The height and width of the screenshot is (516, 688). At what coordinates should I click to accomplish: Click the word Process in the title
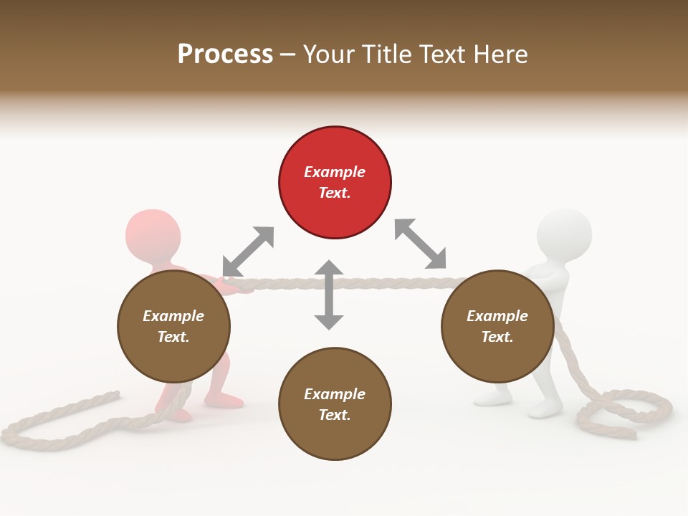[x=225, y=54]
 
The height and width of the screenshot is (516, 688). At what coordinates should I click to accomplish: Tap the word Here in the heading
[x=500, y=54]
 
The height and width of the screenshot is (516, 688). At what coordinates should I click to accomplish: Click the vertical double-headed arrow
[x=329, y=295]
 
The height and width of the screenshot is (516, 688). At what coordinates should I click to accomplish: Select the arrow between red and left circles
[x=248, y=251]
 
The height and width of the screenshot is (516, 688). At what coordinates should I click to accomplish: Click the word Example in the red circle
[x=335, y=172]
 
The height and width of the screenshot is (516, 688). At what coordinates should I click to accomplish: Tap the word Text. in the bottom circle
[x=335, y=415]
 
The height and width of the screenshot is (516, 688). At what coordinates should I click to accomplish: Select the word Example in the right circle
[x=497, y=316]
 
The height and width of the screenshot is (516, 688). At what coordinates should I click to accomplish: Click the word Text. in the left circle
[x=173, y=337]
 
